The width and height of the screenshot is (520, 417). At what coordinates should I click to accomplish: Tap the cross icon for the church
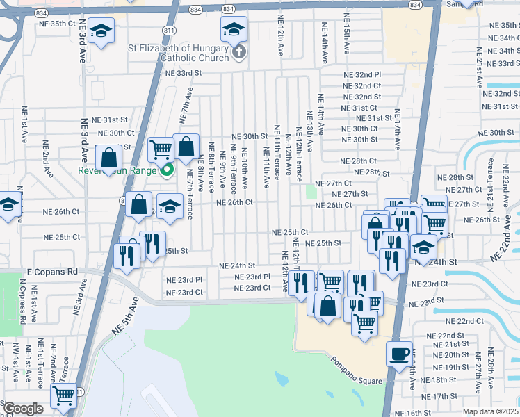coord(238,52)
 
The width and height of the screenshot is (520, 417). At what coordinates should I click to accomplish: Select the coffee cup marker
coord(399,354)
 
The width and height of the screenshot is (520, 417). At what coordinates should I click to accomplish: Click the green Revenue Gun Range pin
coord(167,170)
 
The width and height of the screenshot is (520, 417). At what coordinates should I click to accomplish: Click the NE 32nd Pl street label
coord(362,74)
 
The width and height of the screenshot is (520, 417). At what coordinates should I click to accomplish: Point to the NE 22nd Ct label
coord(465,321)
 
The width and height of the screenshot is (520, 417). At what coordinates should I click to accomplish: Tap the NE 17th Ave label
coord(398,129)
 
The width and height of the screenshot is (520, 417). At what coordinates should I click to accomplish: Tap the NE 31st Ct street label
coord(359,108)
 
